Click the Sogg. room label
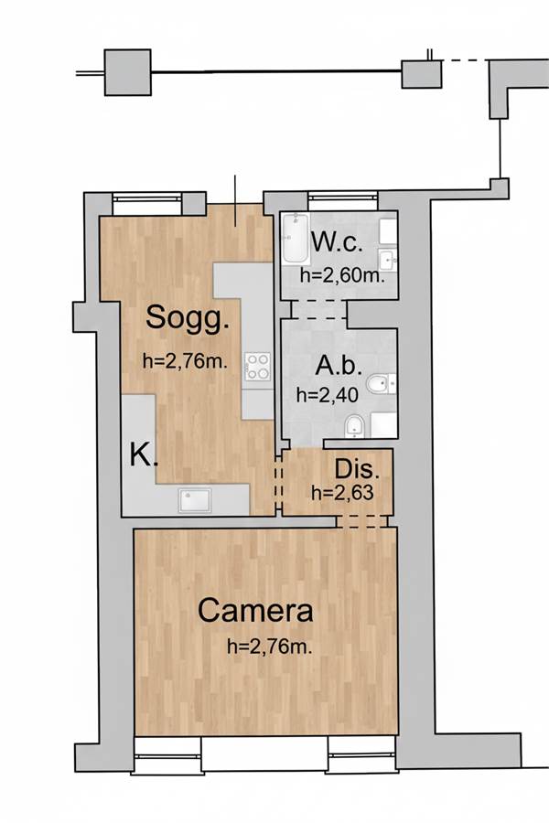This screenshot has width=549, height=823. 187,317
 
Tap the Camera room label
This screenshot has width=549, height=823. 255,611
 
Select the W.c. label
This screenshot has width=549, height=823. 337,243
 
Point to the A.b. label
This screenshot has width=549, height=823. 339,365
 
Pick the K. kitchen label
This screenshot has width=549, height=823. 144,454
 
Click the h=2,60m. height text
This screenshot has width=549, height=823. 342,275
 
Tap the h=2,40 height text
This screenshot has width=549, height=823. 328,395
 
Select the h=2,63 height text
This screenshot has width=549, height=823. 342,493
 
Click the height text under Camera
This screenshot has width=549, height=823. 270,647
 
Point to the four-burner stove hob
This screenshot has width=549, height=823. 258,366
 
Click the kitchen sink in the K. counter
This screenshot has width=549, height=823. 194,500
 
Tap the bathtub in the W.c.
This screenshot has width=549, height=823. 296,239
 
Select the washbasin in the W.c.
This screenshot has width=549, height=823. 388,258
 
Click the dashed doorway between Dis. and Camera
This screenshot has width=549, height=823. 362,521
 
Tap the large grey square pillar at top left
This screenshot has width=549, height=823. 128,72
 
